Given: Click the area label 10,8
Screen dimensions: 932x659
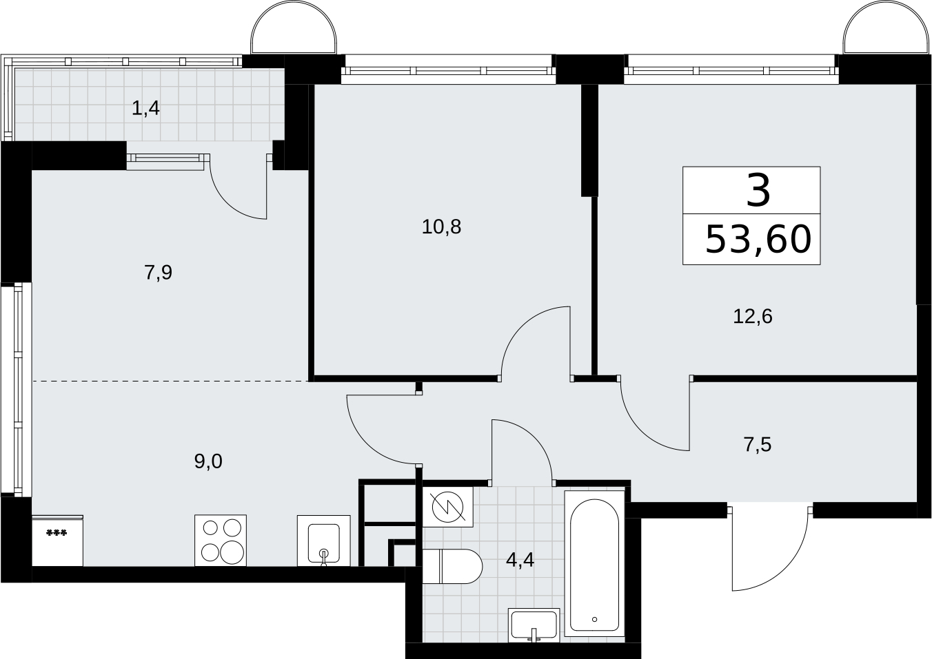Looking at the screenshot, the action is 441,227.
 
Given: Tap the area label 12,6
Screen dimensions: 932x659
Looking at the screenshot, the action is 753,317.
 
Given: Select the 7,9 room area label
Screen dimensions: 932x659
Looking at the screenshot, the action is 158,273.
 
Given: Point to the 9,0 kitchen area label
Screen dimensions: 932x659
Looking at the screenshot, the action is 208,461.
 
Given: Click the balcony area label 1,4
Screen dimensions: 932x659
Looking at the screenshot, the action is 145,108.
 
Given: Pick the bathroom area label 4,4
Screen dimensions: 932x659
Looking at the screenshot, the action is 520,561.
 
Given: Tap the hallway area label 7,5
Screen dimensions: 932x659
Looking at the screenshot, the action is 757,445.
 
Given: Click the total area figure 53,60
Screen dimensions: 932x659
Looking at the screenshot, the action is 758,240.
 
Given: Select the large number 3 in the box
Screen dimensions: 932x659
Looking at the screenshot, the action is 758,191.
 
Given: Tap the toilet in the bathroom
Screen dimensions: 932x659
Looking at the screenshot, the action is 452,566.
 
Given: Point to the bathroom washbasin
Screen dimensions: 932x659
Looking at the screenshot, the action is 534,625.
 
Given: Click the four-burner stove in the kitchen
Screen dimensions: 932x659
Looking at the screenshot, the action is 221,541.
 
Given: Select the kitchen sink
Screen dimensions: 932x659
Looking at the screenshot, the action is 324,541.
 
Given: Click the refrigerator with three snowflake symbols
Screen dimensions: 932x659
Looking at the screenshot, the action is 57,541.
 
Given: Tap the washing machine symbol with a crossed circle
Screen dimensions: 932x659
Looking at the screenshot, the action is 447,507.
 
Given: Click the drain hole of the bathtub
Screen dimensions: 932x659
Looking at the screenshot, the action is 595,620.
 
